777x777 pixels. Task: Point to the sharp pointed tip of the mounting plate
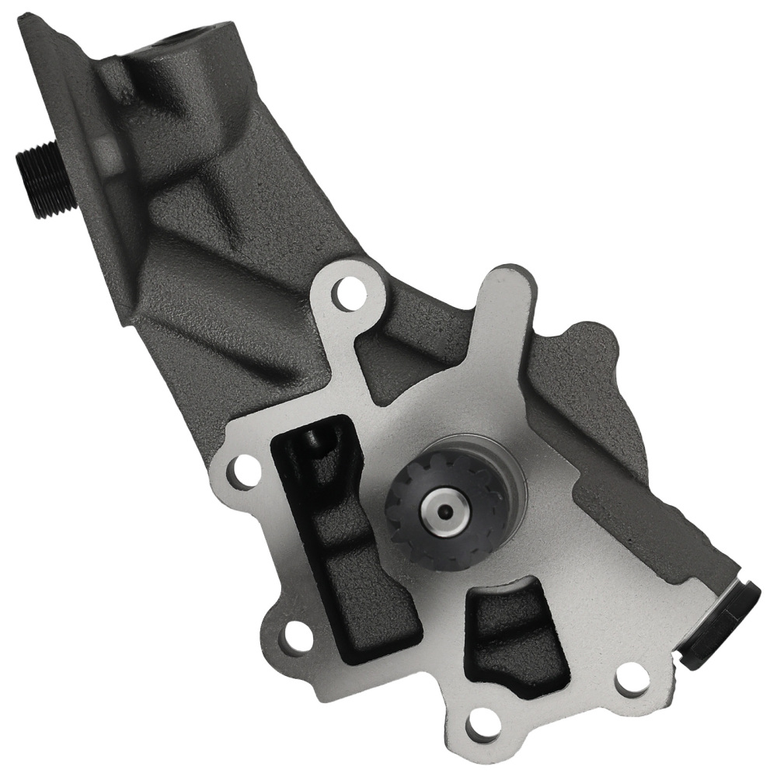tap(26, 16)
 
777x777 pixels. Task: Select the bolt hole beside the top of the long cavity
tap(246, 469)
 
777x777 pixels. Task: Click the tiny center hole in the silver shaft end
tap(444, 511)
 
